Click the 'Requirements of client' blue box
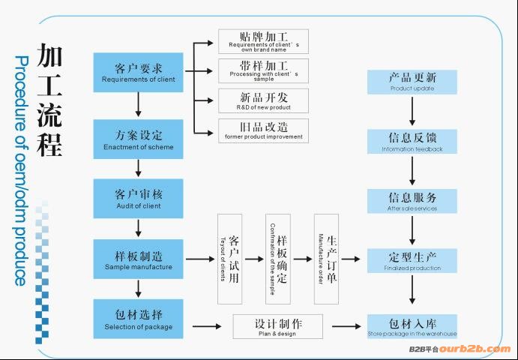[x=139, y=72]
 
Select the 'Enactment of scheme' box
[x=139, y=140]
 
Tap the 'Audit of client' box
[x=139, y=199]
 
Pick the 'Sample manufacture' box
[x=139, y=259]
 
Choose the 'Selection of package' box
[x=139, y=319]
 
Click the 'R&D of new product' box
[x=263, y=100]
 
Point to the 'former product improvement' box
[x=263, y=130]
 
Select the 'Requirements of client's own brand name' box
[x=263, y=41]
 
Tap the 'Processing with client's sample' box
[x=263, y=70]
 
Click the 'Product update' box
[x=412, y=82]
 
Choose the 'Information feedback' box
[x=412, y=142]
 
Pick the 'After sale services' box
[x=412, y=202]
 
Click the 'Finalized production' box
[x=412, y=261]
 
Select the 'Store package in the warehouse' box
[x=412, y=327]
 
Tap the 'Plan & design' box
[x=277, y=327]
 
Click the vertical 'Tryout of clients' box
[x=229, y=259]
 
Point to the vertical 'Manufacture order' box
[x=326, y=259]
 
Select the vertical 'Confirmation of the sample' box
[x=277, y=259]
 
